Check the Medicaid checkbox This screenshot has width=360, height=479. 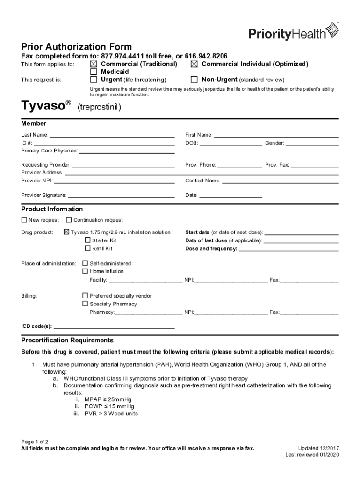(x=94, y=72)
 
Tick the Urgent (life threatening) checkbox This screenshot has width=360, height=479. (x=94, y=80)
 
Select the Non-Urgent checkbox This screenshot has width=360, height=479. (x=194, y=80)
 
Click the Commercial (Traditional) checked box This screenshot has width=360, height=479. (x=94, y=64)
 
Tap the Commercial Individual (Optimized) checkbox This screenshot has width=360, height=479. (x=194, y=64)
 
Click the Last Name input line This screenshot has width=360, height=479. (x=112, y=136)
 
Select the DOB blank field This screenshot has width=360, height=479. (x=230, y=144)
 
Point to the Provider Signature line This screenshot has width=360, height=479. (x=121, y=196)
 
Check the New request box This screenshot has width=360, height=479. (x=24, y=220)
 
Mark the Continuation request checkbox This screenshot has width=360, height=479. (x=69, y=220)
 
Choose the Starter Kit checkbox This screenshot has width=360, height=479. (x=87, y=240)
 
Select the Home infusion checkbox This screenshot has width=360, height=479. (x=85, y=271)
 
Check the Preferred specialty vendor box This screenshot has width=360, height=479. (x=85, y=296)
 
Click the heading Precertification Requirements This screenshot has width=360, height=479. (x=67, y=340)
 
